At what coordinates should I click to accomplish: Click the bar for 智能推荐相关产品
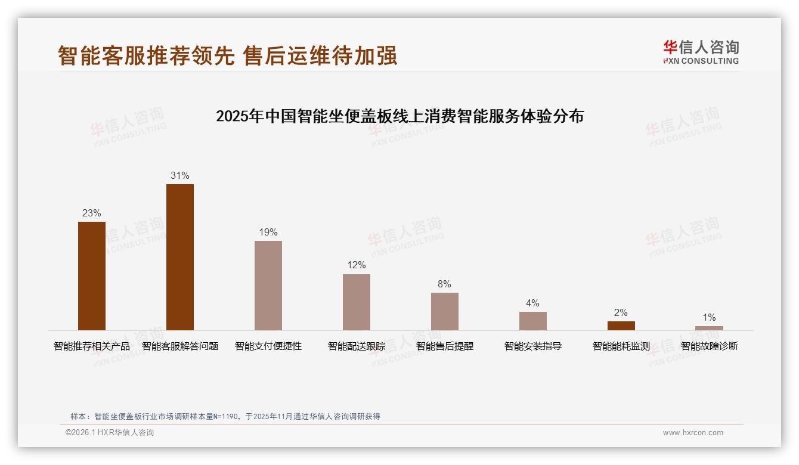tap(92, 276)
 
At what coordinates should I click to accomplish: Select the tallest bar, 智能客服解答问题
tap(180, 257)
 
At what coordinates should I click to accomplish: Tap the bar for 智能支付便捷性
tap(268, 286)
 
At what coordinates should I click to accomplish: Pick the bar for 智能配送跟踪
tap(357, 302)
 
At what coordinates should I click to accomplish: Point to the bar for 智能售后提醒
tap(445, 311)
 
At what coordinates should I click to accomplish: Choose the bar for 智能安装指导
tap(533, 321)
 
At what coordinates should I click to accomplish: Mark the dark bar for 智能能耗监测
tap(621, 325)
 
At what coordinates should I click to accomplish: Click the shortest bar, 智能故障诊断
tap(709, 328)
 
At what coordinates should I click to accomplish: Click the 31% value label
tap(180, 175)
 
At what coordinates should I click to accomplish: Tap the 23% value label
tap(92, 213)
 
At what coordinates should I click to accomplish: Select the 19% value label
tap(268, 232)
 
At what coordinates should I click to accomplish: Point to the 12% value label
tap(357, 265)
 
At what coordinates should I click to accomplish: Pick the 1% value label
tap(709, 317)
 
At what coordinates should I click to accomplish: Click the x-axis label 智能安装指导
tap(533, 346)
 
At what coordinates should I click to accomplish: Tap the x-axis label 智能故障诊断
tap(710, 346)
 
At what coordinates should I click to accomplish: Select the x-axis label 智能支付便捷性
tap(268, 346)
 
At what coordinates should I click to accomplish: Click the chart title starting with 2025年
tap(399, 116)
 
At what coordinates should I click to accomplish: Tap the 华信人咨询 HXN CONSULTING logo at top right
tap(701, 52)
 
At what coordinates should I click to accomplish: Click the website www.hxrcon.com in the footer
tap(693, 433)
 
